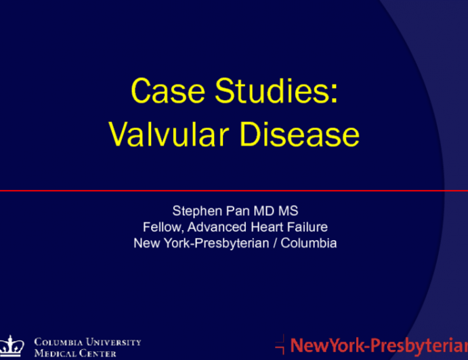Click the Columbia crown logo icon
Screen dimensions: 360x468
[14, 345]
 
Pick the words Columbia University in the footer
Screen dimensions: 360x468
[87, 342]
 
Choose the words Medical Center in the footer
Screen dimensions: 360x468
[75, 353]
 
